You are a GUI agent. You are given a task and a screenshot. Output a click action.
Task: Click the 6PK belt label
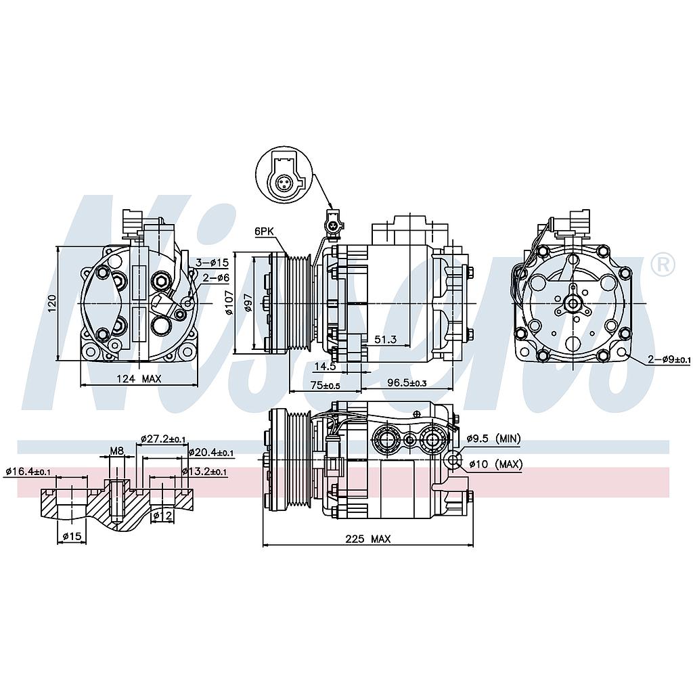click(x=264, y=231)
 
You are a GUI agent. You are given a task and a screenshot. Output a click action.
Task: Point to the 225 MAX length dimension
click(x=367, y=539)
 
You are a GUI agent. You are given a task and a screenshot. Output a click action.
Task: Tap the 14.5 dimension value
click(x=325, y=366)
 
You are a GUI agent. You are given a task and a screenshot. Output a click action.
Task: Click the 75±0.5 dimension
click(x=326, y=385)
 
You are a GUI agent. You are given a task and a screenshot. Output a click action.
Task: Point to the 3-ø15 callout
click(x=213, y=263)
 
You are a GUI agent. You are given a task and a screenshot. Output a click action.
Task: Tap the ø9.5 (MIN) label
click(x=493, y=439)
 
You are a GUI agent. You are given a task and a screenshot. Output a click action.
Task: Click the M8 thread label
click(x=116, y=451)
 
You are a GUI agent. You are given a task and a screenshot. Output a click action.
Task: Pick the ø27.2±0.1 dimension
click(x=163, y=439)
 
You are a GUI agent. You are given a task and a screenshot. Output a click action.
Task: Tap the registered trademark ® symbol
click(x=663, y=265)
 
